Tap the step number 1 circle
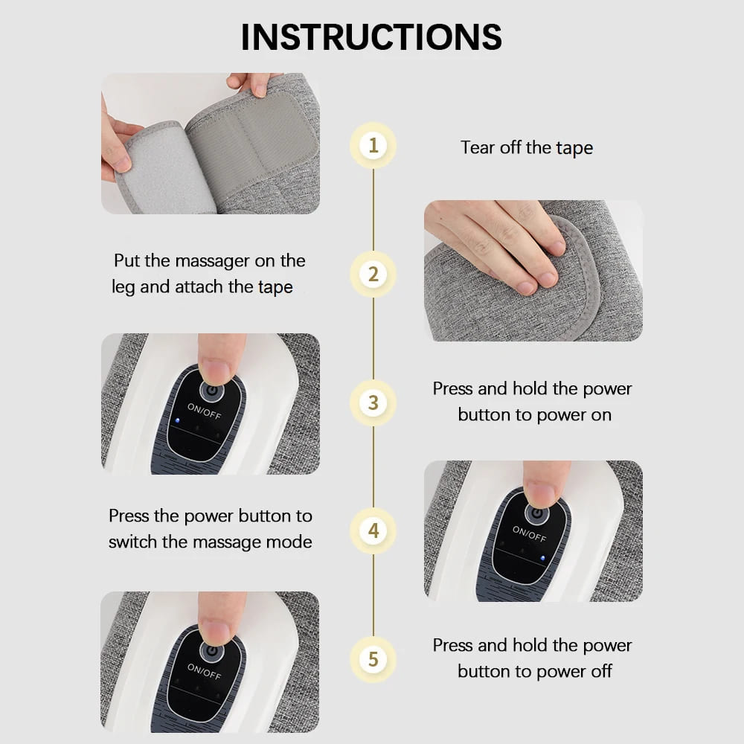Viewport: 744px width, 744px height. pyautogui.click(x=373, y=144)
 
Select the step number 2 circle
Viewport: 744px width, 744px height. pyautogui.click(x=373, y=274)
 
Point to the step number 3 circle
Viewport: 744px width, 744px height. pyautogui.click(x=373, y=403)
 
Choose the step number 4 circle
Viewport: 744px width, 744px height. pyautogui.click(x=373, y=531)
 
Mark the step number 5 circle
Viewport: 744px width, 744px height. pyautogui.click(x=373, y=659)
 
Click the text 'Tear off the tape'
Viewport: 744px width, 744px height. pyautogui.click(x=527, y=147)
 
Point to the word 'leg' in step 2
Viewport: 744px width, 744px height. pyautogui.click(x=124, y=287)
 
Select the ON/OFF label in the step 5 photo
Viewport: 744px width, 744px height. pyautogui.click(x=204, y=671)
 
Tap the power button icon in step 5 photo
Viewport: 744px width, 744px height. pyautogui.click(x=213, y=650)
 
